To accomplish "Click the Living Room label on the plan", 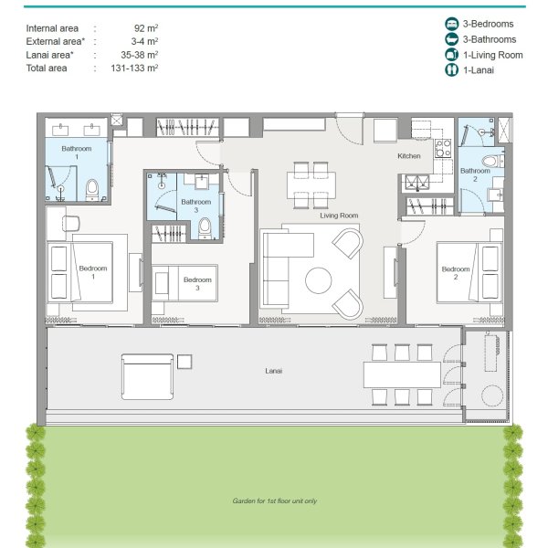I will point(338,216).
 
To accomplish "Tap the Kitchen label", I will point(409,156).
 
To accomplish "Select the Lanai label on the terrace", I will point(273,371).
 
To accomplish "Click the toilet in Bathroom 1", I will point(91,190).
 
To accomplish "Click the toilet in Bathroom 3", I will point(205,227).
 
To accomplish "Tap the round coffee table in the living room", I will point(319,280).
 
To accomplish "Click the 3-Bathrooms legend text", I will point(489,39).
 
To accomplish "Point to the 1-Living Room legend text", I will point(491,55).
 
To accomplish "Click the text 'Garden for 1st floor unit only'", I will point(274,501).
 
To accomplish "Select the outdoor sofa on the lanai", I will point(147,374).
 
